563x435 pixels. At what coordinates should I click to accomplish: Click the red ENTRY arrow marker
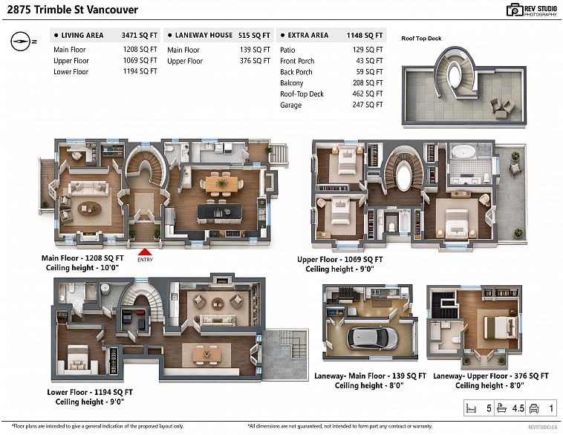point(145,252)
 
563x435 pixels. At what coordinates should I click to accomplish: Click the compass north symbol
point(22,42)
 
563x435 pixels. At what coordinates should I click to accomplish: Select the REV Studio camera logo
point(515,10)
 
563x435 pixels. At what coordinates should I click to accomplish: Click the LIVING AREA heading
point(82,35)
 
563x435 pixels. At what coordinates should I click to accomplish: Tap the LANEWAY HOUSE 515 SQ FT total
point(254,35)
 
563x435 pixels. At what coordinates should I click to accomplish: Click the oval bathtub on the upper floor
point(463,151)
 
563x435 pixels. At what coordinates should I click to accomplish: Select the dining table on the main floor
point(221,184)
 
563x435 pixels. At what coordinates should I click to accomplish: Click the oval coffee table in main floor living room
point(89,208)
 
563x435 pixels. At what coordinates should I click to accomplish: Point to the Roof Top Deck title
point(421,39)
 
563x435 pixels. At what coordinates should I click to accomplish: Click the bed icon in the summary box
point(471,408)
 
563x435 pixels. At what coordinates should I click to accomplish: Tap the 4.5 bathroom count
point(518,408)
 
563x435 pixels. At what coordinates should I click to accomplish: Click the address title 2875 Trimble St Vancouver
point(73,10)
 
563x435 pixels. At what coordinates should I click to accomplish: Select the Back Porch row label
point(296,72)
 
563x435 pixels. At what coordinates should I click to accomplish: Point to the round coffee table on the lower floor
point(218,304)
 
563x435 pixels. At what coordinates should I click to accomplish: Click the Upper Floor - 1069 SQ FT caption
point(339,260)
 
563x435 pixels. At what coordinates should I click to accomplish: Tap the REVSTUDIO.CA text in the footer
point(542,427)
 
